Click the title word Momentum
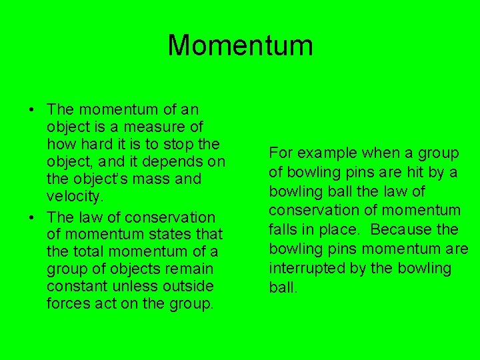coord(240,45)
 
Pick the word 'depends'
coord(179,161)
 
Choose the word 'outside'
coord(191,287)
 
